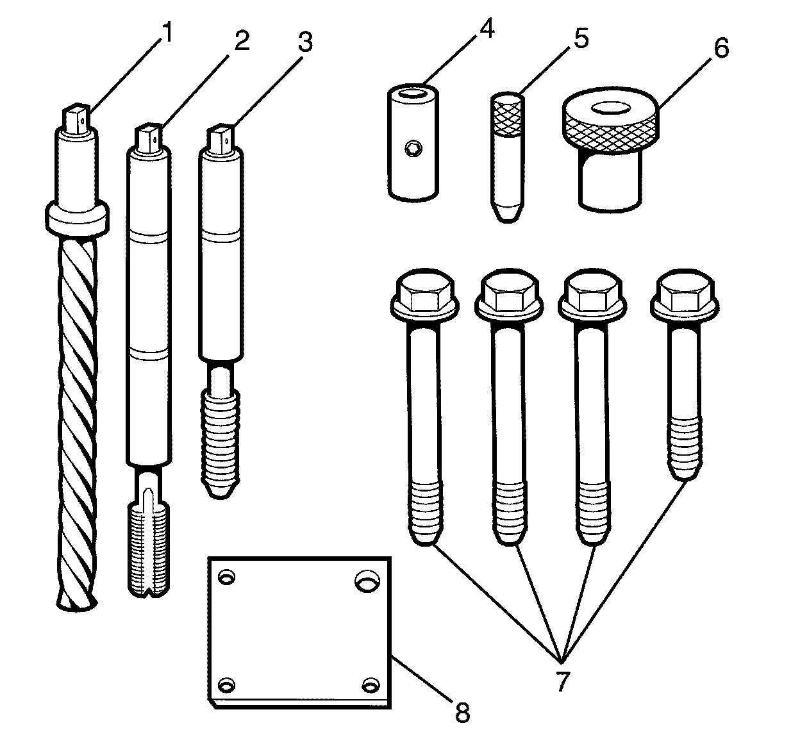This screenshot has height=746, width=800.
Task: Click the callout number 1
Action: [166, 33]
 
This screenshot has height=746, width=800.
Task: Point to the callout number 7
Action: [562, 681]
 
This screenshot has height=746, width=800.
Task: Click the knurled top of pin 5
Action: [507, 115]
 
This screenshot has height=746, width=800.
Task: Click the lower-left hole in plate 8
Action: [226, 686]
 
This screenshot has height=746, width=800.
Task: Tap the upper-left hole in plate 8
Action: [226, 578]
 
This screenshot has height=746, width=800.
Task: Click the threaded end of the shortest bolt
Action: [685, 449]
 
